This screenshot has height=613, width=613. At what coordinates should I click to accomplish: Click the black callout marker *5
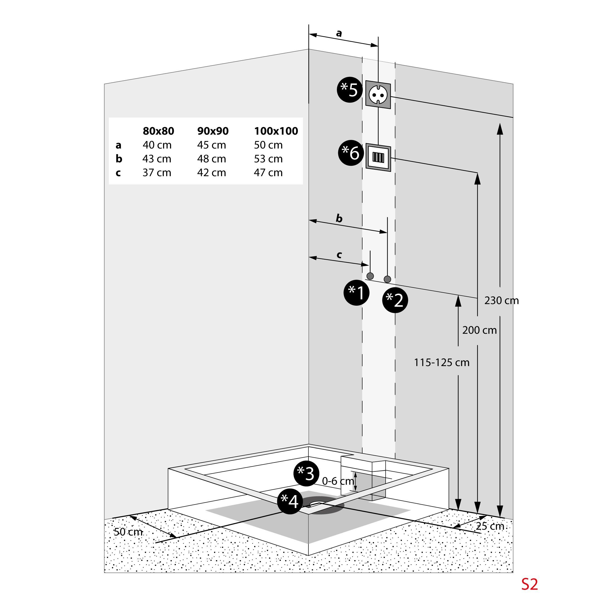tap(350, 90)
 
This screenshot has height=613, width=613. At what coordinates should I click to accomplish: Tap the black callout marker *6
tap(351, 153)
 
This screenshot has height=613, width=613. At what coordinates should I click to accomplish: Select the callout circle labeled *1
tap(356, 293)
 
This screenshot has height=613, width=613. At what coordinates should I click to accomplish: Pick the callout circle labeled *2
tap(395, 300)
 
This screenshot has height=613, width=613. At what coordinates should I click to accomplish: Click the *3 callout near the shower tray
tap(306, 473)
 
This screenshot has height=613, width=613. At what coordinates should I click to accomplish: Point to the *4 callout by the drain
tap(290, 502)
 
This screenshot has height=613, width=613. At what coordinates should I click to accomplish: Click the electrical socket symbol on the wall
tap(378, 94)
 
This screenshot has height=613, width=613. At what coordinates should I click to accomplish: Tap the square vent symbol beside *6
tap(378, 157)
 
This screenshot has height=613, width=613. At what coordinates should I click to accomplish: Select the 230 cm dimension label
tap(501, 300)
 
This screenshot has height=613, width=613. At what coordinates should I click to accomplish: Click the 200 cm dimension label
tap(479, 330)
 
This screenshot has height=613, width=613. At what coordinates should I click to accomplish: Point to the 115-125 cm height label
tap(441, 362)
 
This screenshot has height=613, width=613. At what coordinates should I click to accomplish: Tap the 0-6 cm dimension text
tap(338, 481)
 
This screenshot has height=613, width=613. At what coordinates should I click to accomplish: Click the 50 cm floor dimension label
tap(128, 532)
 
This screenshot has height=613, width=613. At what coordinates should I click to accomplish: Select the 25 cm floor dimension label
tap(490, 526)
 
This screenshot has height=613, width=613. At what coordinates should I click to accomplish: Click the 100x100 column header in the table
tap(276, 131)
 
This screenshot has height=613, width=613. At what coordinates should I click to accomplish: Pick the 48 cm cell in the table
tap(212, 159)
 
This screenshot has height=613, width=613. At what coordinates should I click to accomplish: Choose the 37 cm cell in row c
tap(157, 172)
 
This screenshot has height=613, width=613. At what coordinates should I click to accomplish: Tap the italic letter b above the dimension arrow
tap(339, 218)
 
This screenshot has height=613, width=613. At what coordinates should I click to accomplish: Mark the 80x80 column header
tap(158, 131)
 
